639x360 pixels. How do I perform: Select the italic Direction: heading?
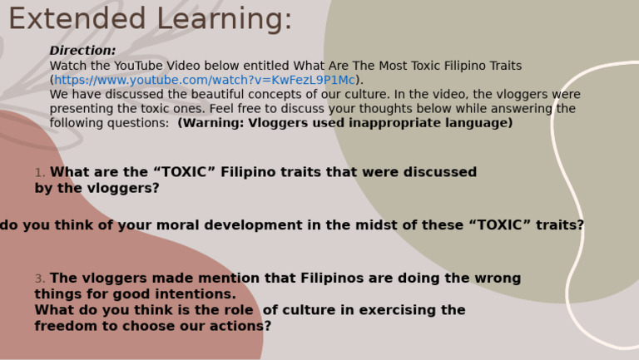tap(82, 51)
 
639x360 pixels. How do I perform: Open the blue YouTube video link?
tap(205, 80)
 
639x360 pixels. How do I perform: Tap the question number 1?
tap(39, 173)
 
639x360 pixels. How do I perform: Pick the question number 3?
tap(39, 279)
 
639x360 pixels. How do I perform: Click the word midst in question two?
tap(350, 225)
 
